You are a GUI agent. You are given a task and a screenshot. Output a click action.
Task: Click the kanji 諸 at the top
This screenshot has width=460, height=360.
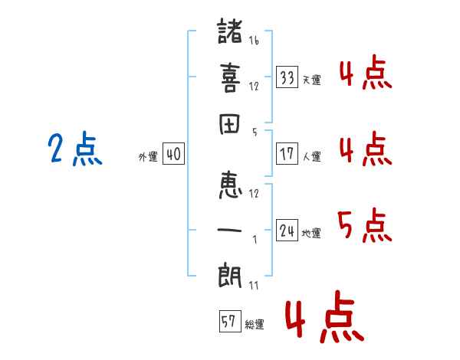point(230,32)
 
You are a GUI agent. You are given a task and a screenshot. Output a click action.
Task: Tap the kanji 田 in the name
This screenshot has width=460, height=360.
point(230,125)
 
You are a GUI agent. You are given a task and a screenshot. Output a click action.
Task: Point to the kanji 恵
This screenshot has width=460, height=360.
point(230,185)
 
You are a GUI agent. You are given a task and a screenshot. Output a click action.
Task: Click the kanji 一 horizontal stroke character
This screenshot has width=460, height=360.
point(230,231)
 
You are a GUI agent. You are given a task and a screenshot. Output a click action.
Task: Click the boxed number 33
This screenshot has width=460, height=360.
point(287,77)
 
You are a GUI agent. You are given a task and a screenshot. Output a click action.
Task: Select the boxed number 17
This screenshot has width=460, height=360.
point(287,153)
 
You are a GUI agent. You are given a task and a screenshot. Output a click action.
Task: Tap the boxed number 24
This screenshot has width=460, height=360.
point(287,230)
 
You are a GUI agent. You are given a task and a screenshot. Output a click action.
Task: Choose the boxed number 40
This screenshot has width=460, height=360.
point(173,154)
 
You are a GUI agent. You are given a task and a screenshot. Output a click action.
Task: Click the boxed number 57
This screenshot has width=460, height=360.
point(229,321)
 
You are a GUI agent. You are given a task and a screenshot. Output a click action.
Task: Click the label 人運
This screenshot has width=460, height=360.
point(312,156)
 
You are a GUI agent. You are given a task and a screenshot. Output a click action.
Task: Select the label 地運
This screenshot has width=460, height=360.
point(312,233)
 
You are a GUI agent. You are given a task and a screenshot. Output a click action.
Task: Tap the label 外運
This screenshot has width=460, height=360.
point(148,157)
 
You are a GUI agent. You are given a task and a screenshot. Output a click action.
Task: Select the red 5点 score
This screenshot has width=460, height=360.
point(364,226)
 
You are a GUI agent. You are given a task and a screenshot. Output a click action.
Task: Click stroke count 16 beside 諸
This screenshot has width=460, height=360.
point(254,41)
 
